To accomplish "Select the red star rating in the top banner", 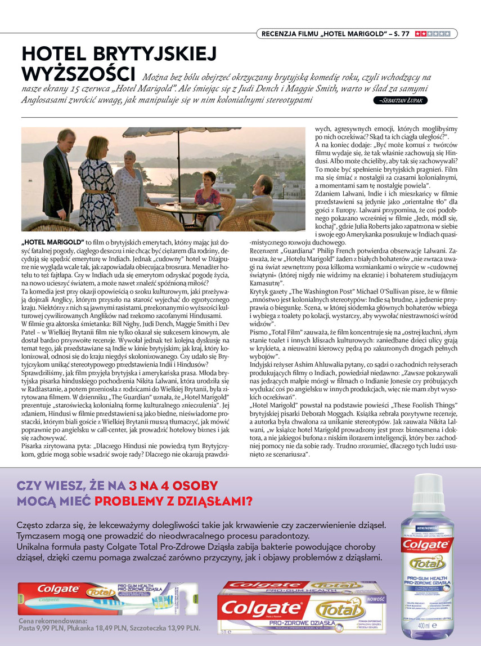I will [432, 34].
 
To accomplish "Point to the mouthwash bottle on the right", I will [428, 558].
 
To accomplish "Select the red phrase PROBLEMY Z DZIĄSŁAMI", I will [173, 501].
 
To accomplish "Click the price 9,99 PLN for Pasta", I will [53, 627].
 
